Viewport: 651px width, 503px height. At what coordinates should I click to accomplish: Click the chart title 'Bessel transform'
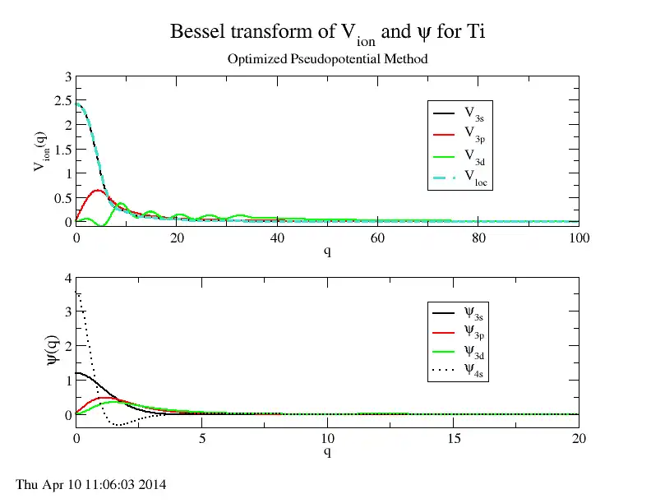pyautogui.click(x=334, y=33)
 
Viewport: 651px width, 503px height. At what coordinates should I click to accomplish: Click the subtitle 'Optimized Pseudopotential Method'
pyautogui.click(x=326, y=59)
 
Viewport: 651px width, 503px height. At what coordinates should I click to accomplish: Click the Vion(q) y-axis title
pyautogui.click(x=39, y=150)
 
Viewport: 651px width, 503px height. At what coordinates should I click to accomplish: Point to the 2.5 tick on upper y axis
pyautogui.click(x=61, y=101)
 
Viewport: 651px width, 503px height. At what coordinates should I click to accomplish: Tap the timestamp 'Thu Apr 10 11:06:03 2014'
pyautogui.click(x=91, y=485)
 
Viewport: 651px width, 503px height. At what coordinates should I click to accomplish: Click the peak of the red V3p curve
pyautogui.click(x=98, y=190)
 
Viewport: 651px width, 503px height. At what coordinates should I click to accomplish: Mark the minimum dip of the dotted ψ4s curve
pyautogui.click(x=120, y=425)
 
